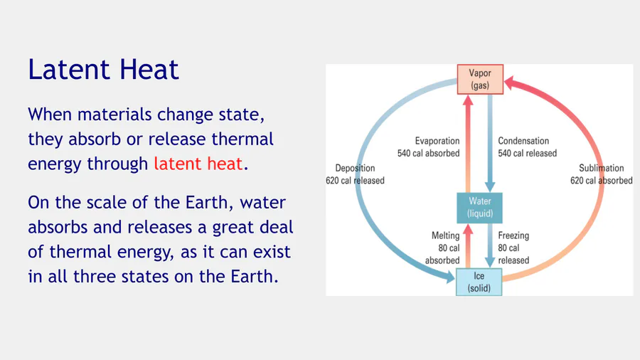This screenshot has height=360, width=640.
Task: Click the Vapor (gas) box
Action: click(480, 79)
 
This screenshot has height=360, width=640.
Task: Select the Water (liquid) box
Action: click(479, 208)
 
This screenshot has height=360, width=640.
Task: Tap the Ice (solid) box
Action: click(479, 282)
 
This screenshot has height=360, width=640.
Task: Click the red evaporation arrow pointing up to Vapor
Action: click(468, 144)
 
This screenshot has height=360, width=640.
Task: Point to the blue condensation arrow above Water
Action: click(490, 144)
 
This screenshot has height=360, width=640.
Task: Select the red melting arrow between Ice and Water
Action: click(468, 246)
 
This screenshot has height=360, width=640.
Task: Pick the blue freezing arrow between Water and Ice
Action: click(490, 245)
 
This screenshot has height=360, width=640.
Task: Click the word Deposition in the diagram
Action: click(355, 168)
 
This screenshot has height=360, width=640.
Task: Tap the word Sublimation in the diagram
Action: click(601, 168)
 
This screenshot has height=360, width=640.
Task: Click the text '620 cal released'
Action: click(355, 181)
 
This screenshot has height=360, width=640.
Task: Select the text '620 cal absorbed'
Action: click(601, 181)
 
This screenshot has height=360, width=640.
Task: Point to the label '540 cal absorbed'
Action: click(429, 153)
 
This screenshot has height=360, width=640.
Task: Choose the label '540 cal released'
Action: click(528, 153)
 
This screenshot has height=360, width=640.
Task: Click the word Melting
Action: click(446, 236)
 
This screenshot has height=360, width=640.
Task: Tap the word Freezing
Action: click(513, 236)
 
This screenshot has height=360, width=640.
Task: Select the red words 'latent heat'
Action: click(198, 164)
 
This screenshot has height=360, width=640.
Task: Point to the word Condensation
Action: click(523, 141)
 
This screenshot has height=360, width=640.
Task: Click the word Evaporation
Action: click(437, 141)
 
